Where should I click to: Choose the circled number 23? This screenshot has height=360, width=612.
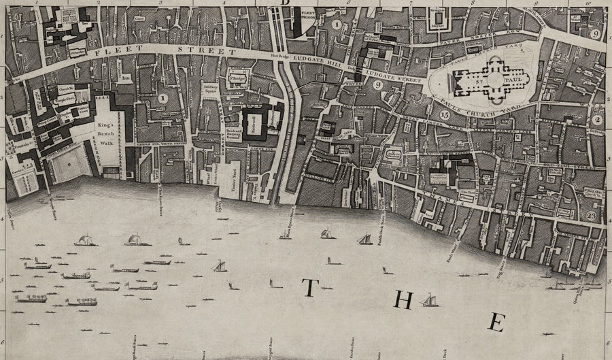coord(590,216)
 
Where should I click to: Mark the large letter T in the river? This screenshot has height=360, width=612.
coord(308,289)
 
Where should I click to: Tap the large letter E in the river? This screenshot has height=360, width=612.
coord(498,323)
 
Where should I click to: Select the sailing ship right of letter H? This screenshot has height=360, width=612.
coord(429,300)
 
